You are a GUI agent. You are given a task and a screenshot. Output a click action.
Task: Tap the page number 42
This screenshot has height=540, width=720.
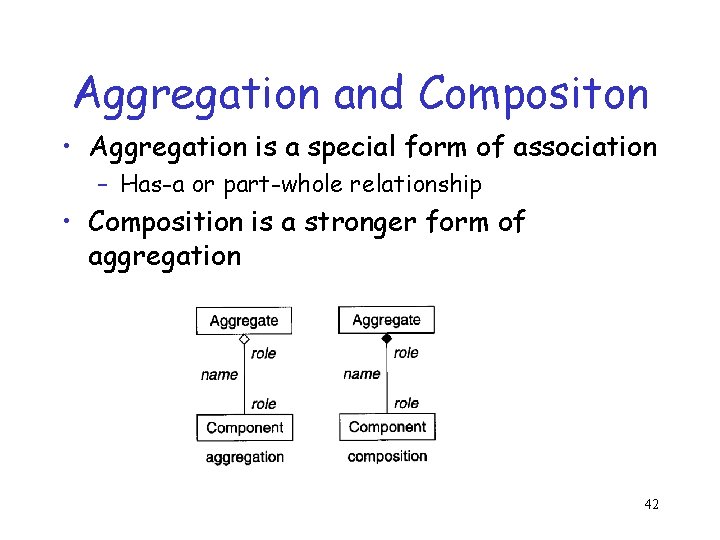650,504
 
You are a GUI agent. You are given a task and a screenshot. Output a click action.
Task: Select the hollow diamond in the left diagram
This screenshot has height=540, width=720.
243,340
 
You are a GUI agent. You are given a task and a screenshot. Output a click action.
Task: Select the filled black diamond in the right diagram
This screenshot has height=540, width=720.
387,339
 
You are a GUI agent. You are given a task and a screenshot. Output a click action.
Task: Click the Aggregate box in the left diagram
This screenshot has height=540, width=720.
244,321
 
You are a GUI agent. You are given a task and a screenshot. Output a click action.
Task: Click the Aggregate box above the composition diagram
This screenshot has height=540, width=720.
387,320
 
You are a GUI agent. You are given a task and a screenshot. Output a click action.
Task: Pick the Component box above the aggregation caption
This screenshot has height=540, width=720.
245,427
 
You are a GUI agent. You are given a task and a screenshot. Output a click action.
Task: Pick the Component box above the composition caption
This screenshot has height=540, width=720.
387,427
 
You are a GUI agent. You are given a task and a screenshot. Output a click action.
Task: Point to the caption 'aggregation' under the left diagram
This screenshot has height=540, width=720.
245,457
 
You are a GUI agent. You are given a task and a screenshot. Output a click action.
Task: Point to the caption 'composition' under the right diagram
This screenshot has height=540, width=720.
387,456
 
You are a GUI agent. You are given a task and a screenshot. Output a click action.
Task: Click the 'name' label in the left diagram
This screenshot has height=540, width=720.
219,375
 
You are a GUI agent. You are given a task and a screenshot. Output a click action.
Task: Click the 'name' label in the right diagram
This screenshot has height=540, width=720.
361,374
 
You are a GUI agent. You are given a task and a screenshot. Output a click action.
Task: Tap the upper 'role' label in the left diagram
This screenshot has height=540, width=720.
264,353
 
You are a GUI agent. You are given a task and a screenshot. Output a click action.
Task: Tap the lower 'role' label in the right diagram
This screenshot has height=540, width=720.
407,403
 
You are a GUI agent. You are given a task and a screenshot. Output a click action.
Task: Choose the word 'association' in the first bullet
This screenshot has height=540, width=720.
585,147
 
